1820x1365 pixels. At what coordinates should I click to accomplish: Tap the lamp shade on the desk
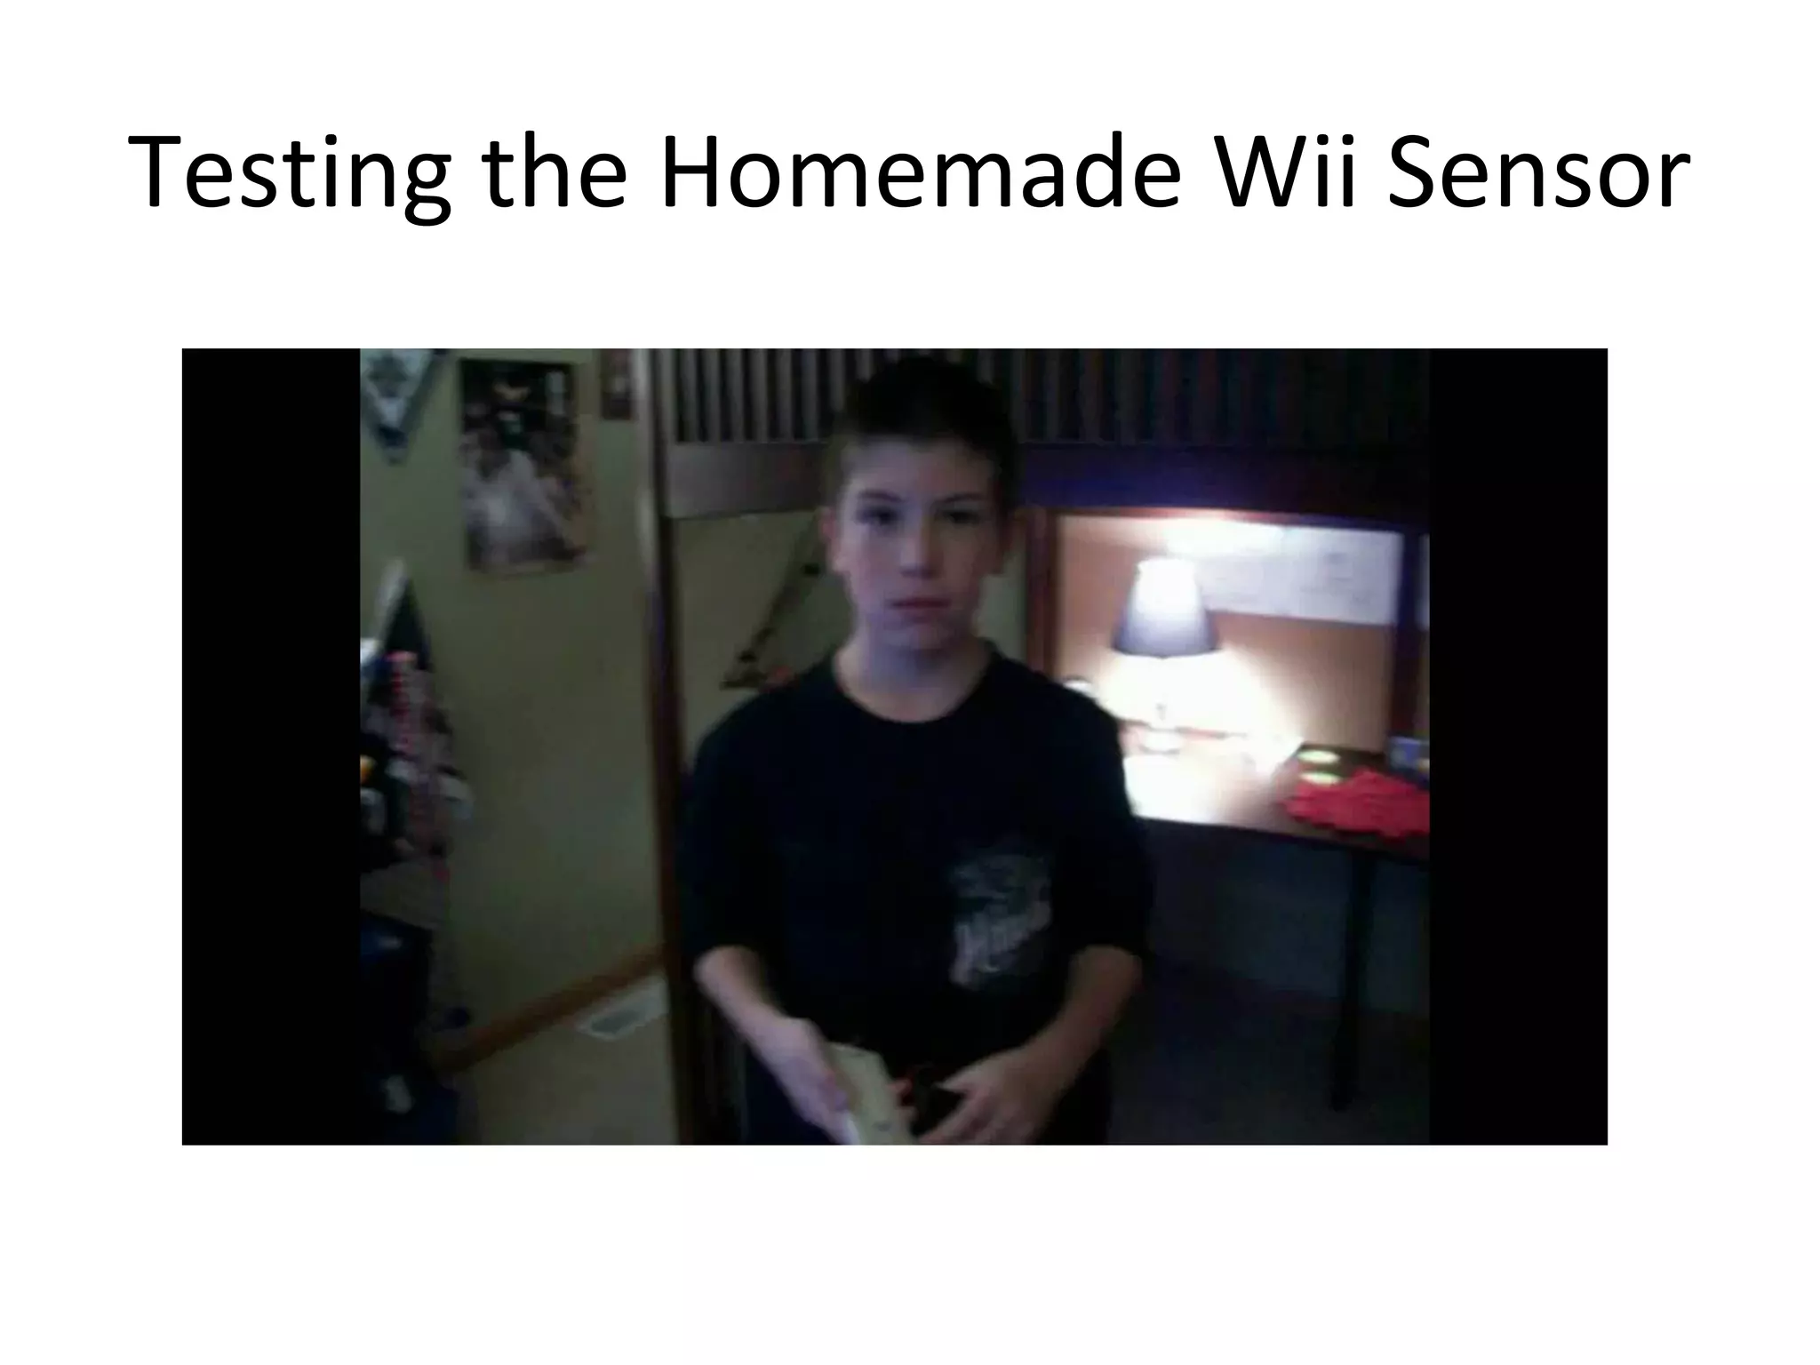pyautogui.click(x=1163, y=606)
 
